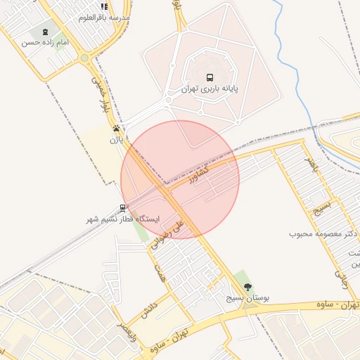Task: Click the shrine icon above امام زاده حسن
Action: (46, 32)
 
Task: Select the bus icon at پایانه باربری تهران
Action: (209, 77)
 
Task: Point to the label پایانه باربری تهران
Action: (209, 89)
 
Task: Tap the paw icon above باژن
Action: (115, 129)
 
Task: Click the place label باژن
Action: (115, 139)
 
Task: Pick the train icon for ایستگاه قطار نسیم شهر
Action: (123, 208)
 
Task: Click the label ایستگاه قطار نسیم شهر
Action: (123, 219)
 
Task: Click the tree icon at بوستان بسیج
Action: (247, 286)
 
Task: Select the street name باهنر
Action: (311, 165)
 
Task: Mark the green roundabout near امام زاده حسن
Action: (84, 58)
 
